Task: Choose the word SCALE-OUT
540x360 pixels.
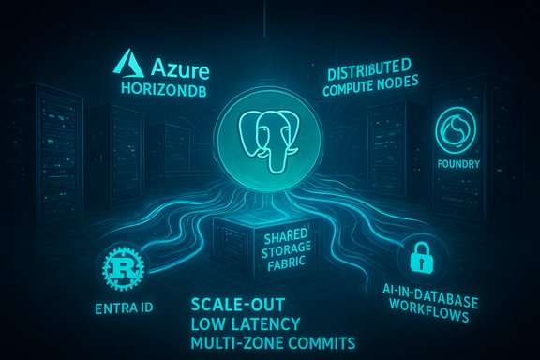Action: coord(237,305)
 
